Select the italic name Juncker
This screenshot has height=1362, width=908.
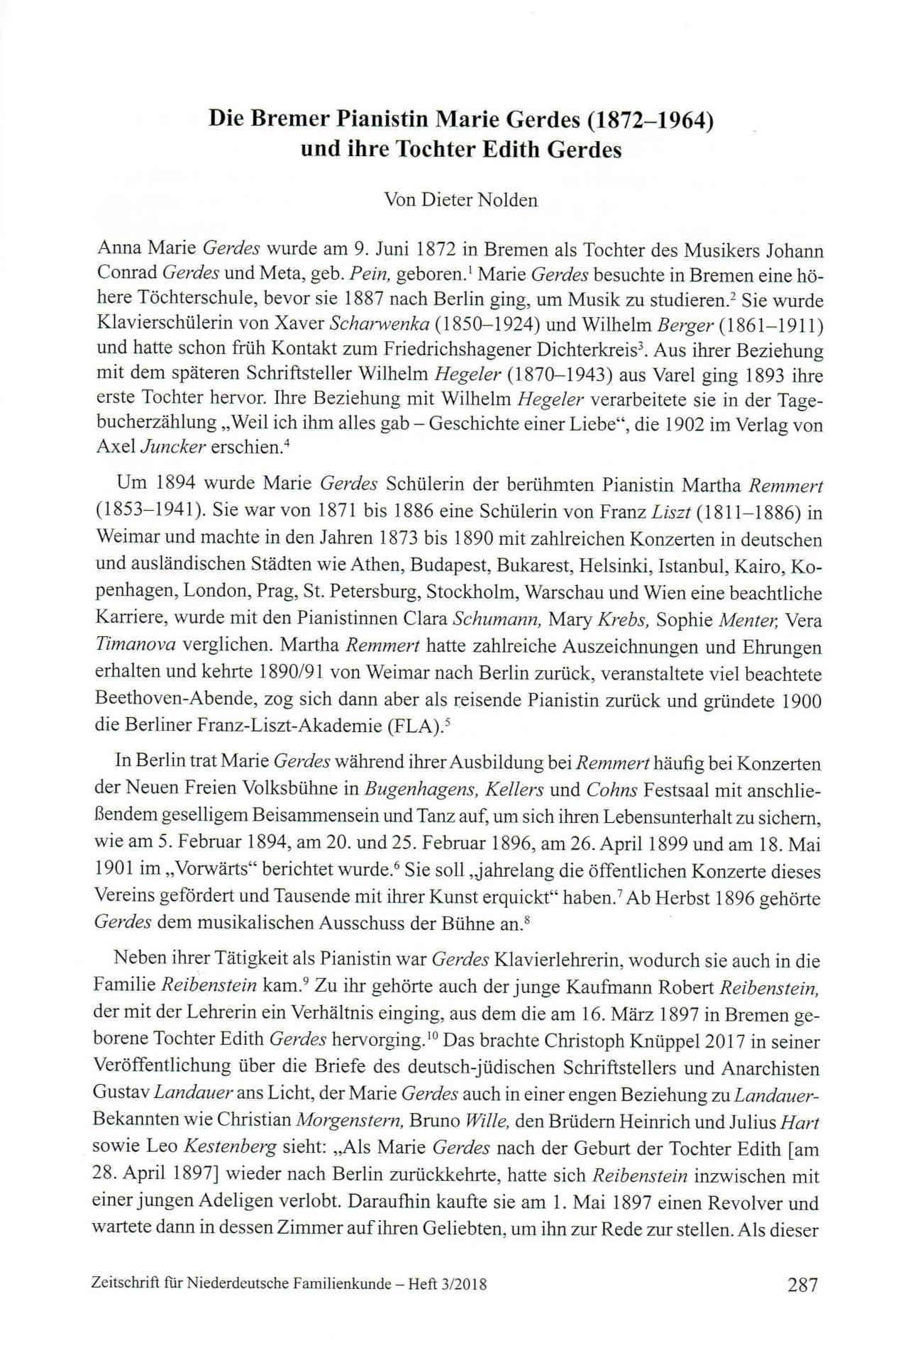coord(169,448)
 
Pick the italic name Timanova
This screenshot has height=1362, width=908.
coord(135,647)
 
